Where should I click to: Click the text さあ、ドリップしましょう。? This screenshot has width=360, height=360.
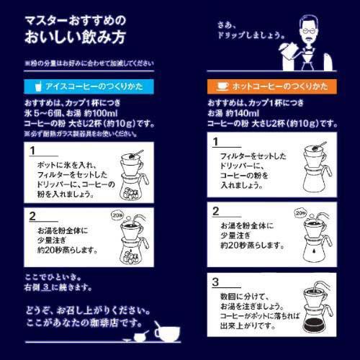245,30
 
